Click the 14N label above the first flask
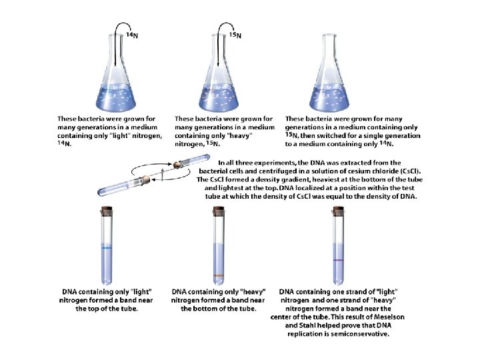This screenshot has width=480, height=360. tap(132, 35)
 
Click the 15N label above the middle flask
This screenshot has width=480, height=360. tap(235, 35)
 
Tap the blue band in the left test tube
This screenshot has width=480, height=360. tap(107, 248)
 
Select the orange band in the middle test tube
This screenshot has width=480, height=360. tap(219, 275)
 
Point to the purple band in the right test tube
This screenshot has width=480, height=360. tap(338, 260)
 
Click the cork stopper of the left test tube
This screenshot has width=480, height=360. tap(107, 210)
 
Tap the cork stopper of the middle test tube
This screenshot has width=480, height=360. tap(219, 210)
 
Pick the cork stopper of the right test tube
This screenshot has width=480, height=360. tap(338, 210)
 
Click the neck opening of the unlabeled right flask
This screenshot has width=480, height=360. tap(329, 35)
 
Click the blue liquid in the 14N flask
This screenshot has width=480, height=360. tap(116, 97)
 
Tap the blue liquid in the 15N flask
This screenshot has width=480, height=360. tap(219, 97)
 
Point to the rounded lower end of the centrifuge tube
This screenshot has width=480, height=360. tap(101, 193)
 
